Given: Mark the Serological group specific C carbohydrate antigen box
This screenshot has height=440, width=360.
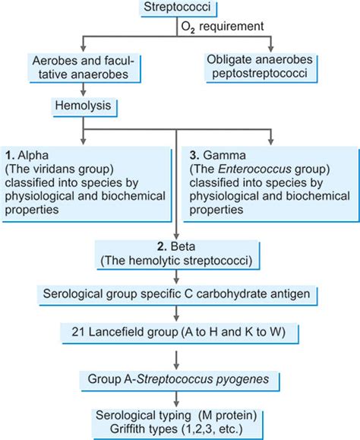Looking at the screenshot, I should pos(176,293).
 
